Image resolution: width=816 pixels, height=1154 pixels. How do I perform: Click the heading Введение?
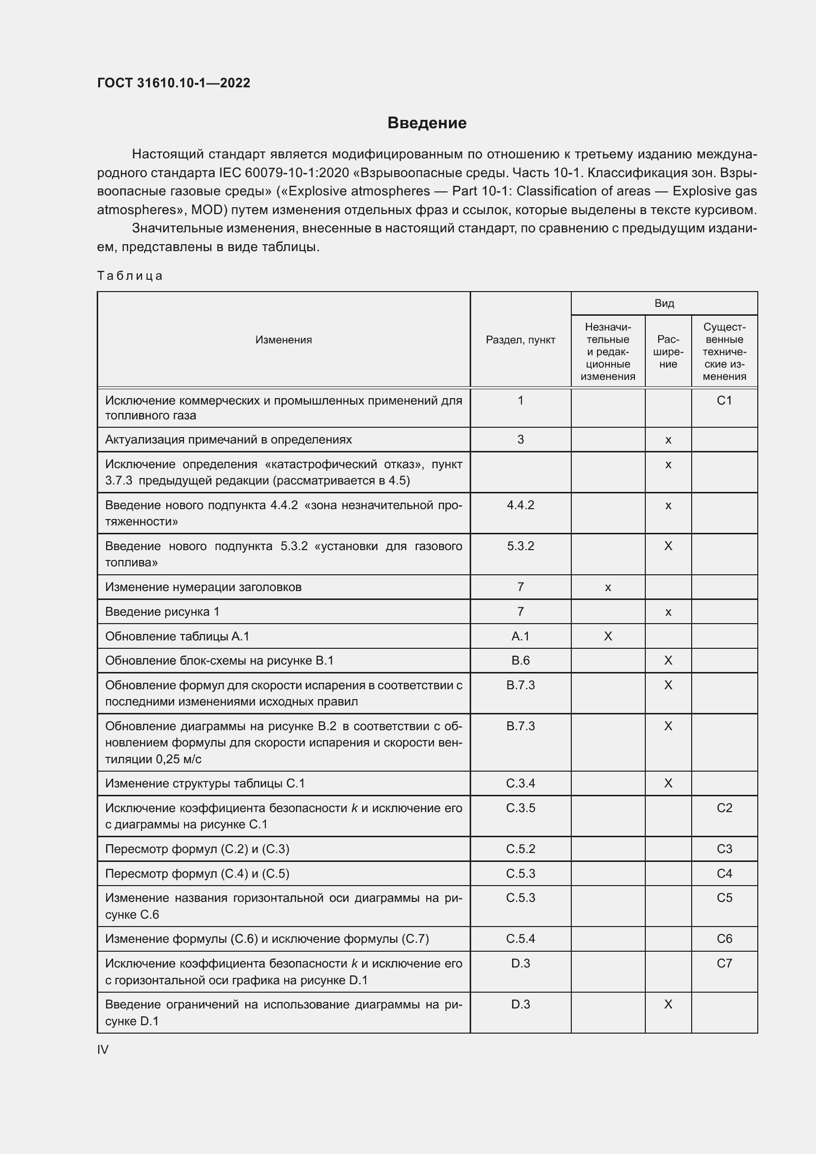point(427,123)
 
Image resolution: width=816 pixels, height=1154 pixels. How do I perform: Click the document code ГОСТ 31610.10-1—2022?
point(173,83)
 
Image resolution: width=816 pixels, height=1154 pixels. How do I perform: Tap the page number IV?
point(103,1049)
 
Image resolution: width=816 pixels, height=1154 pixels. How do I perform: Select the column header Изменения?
point(283,340)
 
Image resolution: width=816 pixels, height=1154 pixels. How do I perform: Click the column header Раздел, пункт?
point(520,340)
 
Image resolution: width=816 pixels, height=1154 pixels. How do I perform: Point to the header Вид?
point(664,303)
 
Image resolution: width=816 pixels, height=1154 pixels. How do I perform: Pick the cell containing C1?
point(724,401)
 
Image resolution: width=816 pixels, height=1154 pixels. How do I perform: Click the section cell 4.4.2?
point(520,505)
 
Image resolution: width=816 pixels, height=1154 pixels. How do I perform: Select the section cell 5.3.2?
point(520,546)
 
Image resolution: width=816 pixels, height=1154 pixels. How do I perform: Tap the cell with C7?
point(724,964)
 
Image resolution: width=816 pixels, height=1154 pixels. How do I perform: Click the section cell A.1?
point(520,636)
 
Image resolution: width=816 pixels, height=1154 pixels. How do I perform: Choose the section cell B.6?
point(520,661)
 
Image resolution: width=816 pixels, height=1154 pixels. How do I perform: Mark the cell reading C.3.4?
point(520,783)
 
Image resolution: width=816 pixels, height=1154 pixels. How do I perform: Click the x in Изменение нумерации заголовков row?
point(607,587)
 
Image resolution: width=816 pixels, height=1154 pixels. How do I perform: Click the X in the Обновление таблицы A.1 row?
point(607,636)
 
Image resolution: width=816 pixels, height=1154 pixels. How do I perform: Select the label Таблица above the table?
point(130,275)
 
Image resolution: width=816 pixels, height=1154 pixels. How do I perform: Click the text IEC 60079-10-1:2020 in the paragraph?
point(284,173)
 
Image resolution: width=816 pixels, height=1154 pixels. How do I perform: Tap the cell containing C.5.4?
point(520,939)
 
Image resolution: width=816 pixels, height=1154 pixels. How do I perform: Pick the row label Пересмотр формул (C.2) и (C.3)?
point(197,849)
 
